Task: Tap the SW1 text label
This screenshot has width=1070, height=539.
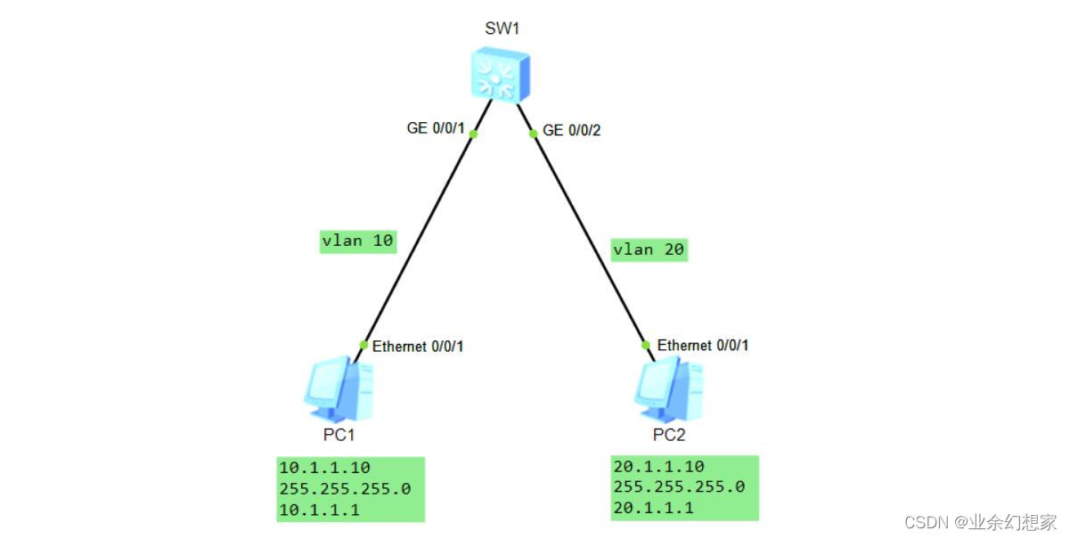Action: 502,29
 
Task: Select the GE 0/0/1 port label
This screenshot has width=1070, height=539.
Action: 437,129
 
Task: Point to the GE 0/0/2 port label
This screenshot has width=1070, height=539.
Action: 572,130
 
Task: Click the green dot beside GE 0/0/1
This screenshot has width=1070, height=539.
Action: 474,135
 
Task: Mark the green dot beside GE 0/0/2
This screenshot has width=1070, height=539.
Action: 533,135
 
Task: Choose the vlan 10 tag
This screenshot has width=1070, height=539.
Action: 357,241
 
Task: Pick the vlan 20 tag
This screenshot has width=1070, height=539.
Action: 649,249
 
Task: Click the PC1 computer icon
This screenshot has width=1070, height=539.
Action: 338,388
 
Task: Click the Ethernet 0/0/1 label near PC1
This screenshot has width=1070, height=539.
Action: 418,347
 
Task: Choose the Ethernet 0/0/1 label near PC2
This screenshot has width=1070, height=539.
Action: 703,346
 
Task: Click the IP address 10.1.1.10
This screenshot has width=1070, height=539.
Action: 324,468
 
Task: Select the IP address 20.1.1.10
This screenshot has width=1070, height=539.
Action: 658,466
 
